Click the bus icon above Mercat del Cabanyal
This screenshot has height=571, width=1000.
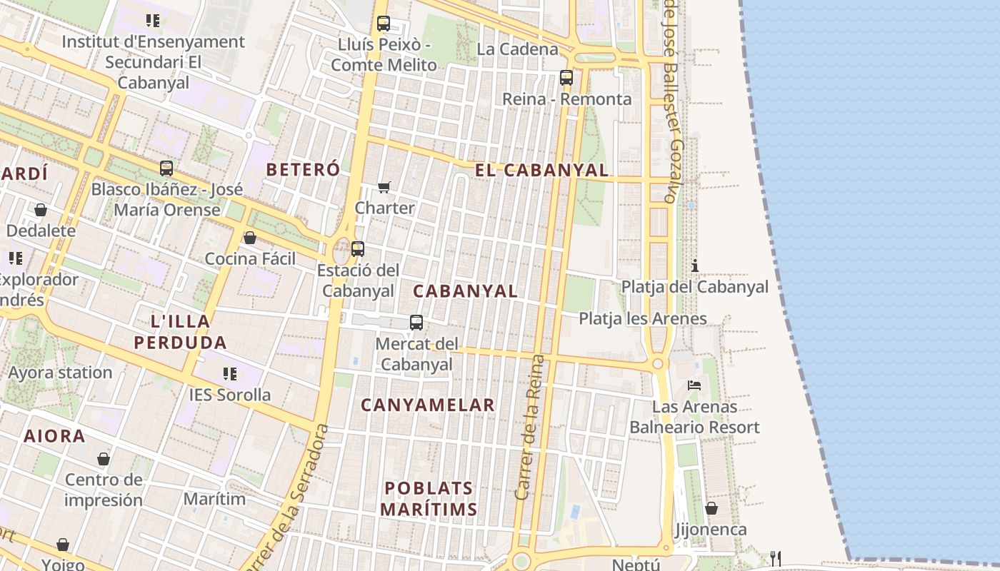[416, 323]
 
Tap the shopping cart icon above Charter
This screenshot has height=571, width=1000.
[384, 187]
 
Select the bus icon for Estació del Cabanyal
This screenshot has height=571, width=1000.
[358, 249]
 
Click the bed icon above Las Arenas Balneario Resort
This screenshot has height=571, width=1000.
[694, 385]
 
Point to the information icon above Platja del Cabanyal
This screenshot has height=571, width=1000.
[694, 266]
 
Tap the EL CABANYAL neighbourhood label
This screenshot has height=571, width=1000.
[542, 170]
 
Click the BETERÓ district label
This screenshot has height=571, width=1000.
[303, 169]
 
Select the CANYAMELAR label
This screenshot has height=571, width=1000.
[428, 405]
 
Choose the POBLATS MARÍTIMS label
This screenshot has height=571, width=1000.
[429, 499]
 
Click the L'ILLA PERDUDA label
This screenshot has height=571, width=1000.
[180, 332]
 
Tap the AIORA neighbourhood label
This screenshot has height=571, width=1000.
[54, 436]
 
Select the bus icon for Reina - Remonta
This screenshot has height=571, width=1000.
[566, 78]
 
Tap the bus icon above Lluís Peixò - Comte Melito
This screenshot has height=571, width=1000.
[384, 24]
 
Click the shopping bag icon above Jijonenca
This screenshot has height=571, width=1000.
[711, 508]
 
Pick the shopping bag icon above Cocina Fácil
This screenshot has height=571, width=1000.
[250, 238]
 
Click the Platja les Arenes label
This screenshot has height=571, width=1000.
[643, 318]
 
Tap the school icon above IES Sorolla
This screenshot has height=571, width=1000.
[229, 373]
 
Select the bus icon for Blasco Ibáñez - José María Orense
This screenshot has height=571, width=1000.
[166, 168]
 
